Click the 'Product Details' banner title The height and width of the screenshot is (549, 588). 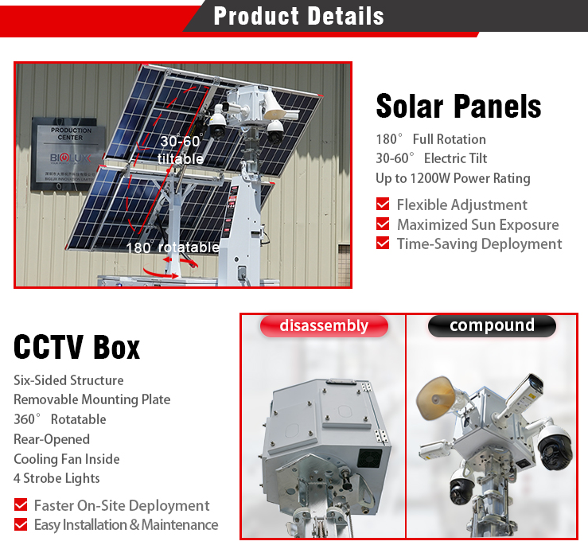(x=298, y=16)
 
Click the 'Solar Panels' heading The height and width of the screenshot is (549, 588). (x=458, y=106)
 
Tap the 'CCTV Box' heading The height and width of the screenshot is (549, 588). (x=77, y=347)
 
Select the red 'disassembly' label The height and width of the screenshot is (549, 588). (x=324, y=325)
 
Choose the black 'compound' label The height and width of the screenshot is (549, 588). (x=492, y=325)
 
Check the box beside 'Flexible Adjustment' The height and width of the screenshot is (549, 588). (x=383, y=204)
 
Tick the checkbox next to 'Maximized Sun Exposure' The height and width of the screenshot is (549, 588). (x=383, y=224)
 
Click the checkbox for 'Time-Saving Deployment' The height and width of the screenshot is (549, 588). (x=383, y=243)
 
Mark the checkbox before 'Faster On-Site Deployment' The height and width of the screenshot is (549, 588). (x=21, y=505)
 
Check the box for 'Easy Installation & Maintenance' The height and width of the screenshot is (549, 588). (x=21, y=524)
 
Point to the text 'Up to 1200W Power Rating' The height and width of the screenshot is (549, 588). (x=453, y=178)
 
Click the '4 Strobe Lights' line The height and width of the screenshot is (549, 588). (x=56, y=478)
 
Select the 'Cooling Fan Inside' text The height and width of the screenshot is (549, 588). (x=67, y=459)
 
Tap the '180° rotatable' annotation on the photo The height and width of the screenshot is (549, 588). (x=172, y=247)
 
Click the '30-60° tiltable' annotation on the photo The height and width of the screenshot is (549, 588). (x=181, y=150)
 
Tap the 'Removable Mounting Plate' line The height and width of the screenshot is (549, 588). (x=92, y=399)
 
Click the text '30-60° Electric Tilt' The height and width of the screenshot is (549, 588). (x=431, y=158)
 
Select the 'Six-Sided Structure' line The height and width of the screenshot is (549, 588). (x=68, y=380)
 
